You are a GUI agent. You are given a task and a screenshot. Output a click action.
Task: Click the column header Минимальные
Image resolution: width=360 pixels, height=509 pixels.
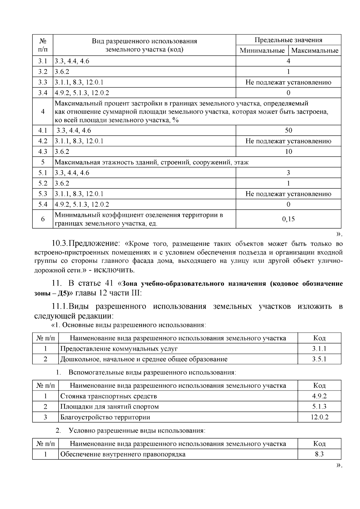pos(262,50)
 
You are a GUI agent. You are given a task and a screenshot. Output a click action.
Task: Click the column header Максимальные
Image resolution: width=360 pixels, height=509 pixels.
pos(315,50)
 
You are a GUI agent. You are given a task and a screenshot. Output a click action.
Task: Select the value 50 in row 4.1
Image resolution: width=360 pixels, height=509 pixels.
pos(288,130)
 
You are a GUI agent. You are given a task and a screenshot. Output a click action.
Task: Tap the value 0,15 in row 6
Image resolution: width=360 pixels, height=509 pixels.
pos(288,219)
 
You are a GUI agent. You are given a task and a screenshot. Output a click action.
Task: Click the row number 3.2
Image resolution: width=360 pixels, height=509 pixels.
pos(43,72)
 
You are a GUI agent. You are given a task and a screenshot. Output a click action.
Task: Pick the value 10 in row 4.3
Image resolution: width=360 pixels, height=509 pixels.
pos(288,151)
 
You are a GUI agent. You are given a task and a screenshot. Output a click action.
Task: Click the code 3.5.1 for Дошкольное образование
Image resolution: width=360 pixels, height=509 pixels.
pos(319,359)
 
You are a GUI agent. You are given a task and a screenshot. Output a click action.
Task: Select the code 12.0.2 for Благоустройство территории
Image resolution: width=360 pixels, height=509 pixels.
pos(319,417)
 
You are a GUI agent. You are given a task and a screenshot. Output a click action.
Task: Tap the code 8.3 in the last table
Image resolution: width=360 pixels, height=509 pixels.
pos(319,454)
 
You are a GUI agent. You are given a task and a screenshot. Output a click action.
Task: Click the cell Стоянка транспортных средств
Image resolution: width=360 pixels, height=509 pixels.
pos(109,396)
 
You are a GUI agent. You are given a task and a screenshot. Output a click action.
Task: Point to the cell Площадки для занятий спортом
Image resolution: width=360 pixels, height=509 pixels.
pos(109,406)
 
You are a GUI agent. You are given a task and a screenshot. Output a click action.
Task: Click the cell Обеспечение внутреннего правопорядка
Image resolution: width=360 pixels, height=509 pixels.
pos(123,454)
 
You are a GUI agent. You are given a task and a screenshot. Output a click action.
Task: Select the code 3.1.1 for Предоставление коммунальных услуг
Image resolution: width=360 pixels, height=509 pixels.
pos(319,349)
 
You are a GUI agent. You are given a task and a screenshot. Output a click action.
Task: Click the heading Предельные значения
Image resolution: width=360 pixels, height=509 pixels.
pos(288,40)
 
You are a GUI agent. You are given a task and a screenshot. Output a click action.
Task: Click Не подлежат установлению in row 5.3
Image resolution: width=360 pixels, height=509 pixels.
pos(288,194)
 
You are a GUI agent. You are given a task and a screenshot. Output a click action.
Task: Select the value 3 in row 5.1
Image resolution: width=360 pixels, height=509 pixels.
pos(288,173)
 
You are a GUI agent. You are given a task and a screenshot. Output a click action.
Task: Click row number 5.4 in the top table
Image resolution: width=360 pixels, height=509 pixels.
pos(43,204)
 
